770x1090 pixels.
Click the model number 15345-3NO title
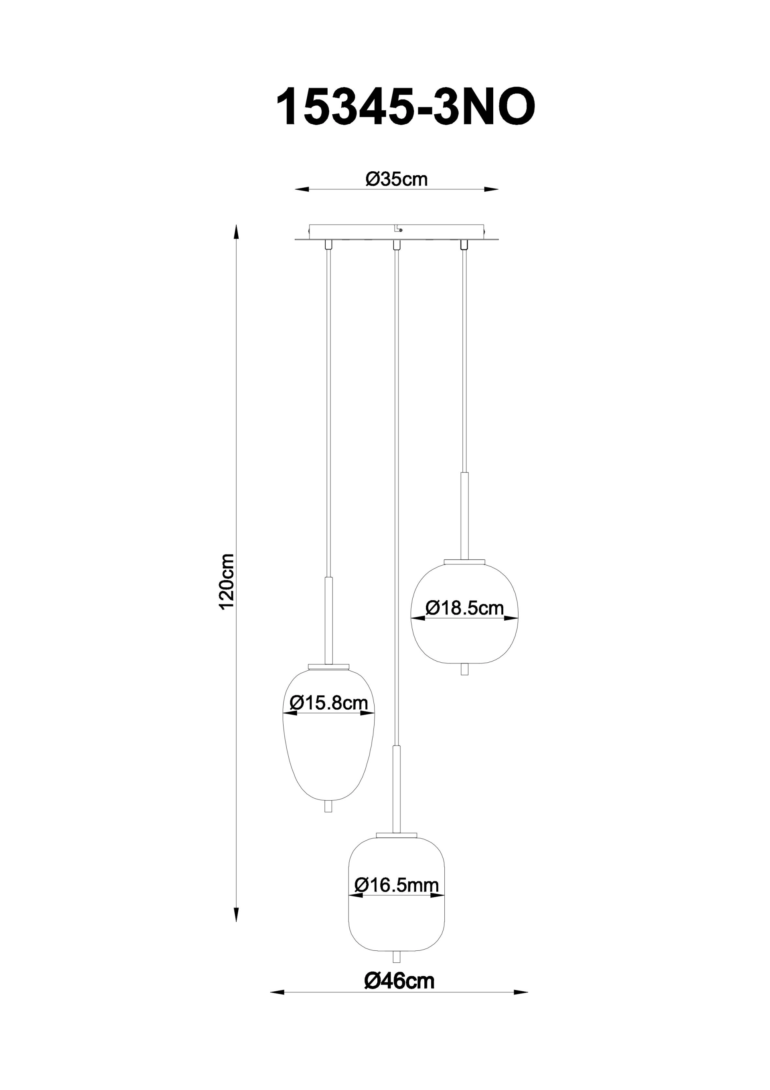click(x=406, y=108)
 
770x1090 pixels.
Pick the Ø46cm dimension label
click(x=399, y=981)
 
